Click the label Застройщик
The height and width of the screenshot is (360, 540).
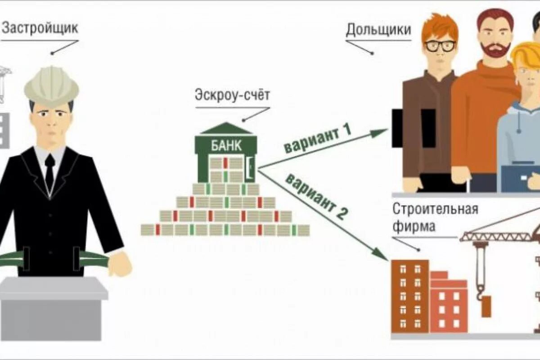click(40, 28)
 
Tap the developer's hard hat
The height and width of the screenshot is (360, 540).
click(51, 86)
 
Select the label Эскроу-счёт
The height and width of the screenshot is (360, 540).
click(232, 95)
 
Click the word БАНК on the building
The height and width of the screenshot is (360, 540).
click(226, 146)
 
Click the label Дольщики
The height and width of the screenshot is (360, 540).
click(378, 30)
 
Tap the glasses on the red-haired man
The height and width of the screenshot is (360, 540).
click(440, 46)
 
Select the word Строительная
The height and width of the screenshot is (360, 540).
click(435, 209)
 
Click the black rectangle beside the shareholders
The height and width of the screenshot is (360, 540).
click(413, 128)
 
